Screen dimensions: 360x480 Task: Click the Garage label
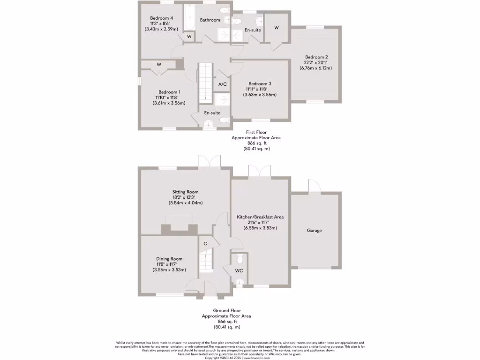[x=314, y=231]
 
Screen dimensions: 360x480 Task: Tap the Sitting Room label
[x=185, y=192]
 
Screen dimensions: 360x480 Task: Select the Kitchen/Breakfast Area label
[x=260, y=217]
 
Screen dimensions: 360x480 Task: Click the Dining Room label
[x=169, y=259]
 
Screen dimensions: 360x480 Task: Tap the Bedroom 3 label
[x=260, y=83]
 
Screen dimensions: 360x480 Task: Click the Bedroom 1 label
[x=169, y=92]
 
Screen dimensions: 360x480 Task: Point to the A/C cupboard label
[x=223, y=84]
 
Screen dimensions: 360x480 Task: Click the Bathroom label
[x=210, y=20]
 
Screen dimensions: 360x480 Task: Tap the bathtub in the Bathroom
[x=189, y=18]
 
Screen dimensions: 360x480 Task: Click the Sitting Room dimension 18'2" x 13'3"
[x=185, y=197]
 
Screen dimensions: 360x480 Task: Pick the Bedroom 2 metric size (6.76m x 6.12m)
[x=315, y=68]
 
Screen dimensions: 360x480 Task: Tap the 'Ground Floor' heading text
[x=227, y=310]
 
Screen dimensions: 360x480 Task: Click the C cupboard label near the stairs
[x=205, y=243]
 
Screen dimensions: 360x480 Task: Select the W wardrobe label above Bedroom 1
[x=159, y=64]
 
